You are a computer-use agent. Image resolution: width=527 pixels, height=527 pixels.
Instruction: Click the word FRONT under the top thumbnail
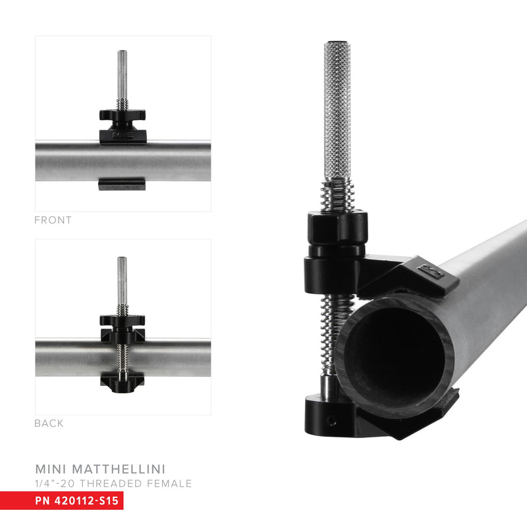click(53, 221)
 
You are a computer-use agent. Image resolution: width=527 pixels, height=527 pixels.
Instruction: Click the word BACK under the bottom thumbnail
click(49, 424)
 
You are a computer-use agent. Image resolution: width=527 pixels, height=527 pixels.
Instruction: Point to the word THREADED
click(113, 484)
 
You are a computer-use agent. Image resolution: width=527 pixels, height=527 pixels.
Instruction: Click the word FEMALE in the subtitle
click(170, 484)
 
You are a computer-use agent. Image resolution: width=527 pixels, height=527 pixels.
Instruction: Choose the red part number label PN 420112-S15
click(77, 501)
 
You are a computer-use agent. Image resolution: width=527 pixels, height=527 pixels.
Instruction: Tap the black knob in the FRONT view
click(123, 117)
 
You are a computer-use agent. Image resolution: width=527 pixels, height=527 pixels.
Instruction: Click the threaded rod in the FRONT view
click(123, 76)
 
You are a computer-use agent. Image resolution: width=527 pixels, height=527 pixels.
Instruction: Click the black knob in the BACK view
click(123, 321)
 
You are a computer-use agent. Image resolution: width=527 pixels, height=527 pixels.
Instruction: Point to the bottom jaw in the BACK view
click(123, 380)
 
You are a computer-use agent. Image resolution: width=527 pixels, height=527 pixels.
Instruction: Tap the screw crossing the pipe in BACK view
click(123, 356)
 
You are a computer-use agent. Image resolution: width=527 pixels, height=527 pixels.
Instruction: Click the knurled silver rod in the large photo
click(337, 112)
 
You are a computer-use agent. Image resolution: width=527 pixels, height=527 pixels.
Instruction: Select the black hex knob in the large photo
click(336, 227)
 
